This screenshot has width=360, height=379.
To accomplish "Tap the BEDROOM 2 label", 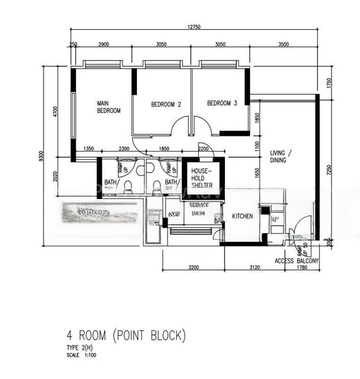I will [x=166, y=104].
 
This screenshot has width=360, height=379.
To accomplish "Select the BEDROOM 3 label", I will [x=222, y=103].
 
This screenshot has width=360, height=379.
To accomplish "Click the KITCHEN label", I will [x=242, y=216].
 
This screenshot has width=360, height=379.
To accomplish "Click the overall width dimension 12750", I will [x=194, y=27].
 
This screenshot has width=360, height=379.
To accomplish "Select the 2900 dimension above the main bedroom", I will [x=104, y=45].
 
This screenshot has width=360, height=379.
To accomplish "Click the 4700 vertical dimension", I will [x=56, y=112].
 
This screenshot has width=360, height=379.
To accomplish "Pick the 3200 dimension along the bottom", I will [x=193, y=268].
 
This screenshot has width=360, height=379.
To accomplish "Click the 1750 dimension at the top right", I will [x=329, y=82].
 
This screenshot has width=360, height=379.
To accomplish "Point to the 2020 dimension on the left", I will [x=56, y=175].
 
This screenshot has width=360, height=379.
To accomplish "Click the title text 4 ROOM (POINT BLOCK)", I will [x=126, y=335].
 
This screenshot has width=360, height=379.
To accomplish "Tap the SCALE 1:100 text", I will [x=82, y=355].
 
